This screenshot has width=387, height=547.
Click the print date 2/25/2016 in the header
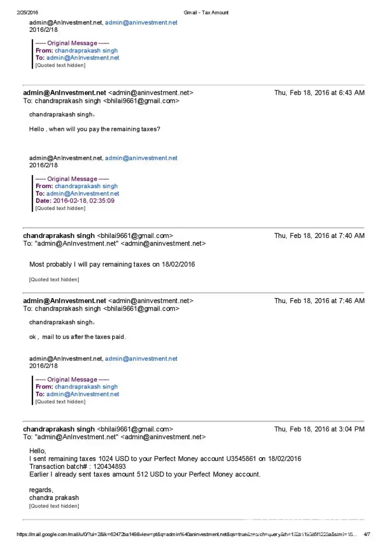coord(27,13)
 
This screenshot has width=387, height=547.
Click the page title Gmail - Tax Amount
coord(206,13)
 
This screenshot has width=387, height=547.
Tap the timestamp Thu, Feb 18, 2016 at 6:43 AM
coord(319,93)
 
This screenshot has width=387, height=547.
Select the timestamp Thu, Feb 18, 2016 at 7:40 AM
coord(319,236)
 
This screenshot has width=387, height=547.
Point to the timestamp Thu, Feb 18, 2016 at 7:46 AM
coord(319,301)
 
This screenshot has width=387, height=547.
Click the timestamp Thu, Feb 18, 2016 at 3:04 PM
coord(319,429)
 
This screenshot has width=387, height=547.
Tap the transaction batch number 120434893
coord(108,467)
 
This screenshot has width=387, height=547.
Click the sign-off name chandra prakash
coord(54,498)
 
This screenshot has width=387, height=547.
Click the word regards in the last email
coord(41,490)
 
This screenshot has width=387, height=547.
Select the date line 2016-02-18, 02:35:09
coord(84,201)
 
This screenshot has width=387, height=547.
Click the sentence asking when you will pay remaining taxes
coord(95,129)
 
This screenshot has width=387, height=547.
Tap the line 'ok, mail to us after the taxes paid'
coord(77,337)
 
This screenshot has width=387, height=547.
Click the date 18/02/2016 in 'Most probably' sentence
coord(178,264)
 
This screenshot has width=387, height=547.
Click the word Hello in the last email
coord(38,450)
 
